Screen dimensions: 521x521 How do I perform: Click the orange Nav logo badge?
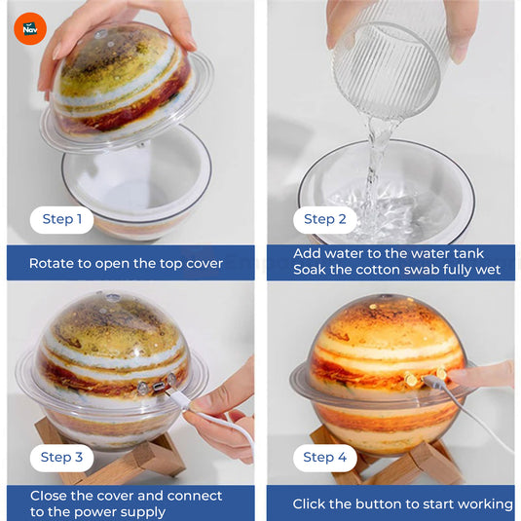click(x=30, y=29)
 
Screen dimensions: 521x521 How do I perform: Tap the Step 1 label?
click(x=61, y=219)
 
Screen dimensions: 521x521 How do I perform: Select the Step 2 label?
click(x=325, y=219)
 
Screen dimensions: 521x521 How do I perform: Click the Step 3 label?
click(x=61, y=457)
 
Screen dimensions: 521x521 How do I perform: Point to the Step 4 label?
click(x=325, y=457)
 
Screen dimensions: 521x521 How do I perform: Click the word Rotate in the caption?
click(x=52, y=264)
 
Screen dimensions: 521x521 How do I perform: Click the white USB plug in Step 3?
click(x=178, y=398)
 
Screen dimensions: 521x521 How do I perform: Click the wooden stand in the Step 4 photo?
click(x=387, y=457)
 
